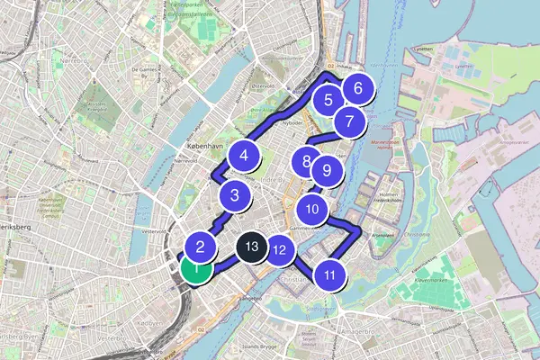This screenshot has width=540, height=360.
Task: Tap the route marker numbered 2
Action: [x=201, y=246]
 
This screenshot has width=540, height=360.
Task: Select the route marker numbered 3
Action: [x=234, y=194]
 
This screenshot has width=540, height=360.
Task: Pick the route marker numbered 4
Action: [x=242, y=156]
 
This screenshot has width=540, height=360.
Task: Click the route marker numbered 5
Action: [x=328, y=101]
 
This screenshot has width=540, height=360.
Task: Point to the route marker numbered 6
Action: [x=357, y=89]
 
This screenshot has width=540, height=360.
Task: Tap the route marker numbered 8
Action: [x=308, y=163]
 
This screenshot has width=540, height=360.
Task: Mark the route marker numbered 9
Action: [x=327, y=169]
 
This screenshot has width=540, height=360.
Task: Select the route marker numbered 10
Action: [x=311, y=210]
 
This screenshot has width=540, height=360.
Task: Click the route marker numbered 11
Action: [x=330, y=275]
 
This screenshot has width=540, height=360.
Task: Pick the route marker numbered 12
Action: [x=280, y=251]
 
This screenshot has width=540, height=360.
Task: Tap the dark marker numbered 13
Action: [x=251, y=246]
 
